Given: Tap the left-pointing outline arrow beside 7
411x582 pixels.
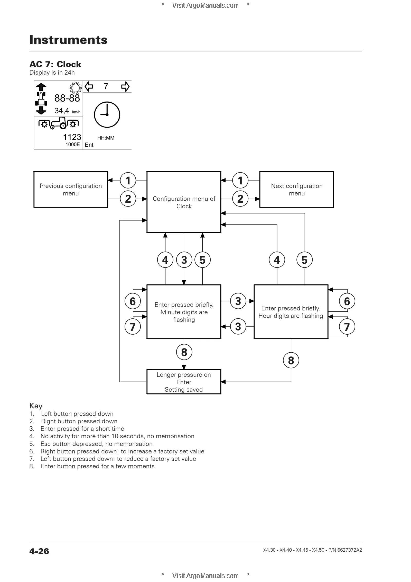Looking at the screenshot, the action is tap(89, 87).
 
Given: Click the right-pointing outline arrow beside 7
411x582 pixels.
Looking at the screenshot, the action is tap(125, 87).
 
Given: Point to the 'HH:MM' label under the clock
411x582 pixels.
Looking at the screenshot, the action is tap(106, 138).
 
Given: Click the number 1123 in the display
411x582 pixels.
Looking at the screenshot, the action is tap(72, 137).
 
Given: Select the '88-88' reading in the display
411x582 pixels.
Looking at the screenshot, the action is tap(67, 98).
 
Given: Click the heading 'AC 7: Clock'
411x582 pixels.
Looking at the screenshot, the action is tap(55, 64).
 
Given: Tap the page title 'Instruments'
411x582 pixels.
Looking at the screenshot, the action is tap(69, 40).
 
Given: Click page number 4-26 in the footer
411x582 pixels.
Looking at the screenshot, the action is tap(39, 551).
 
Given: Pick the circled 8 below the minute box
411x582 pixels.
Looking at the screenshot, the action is tap(184, 352).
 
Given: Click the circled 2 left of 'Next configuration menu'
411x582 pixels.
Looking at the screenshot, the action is tap(240, 199).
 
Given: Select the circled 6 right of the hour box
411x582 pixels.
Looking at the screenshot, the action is tap(347, 301).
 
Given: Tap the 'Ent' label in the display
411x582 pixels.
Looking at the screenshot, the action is tap(89, 145).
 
